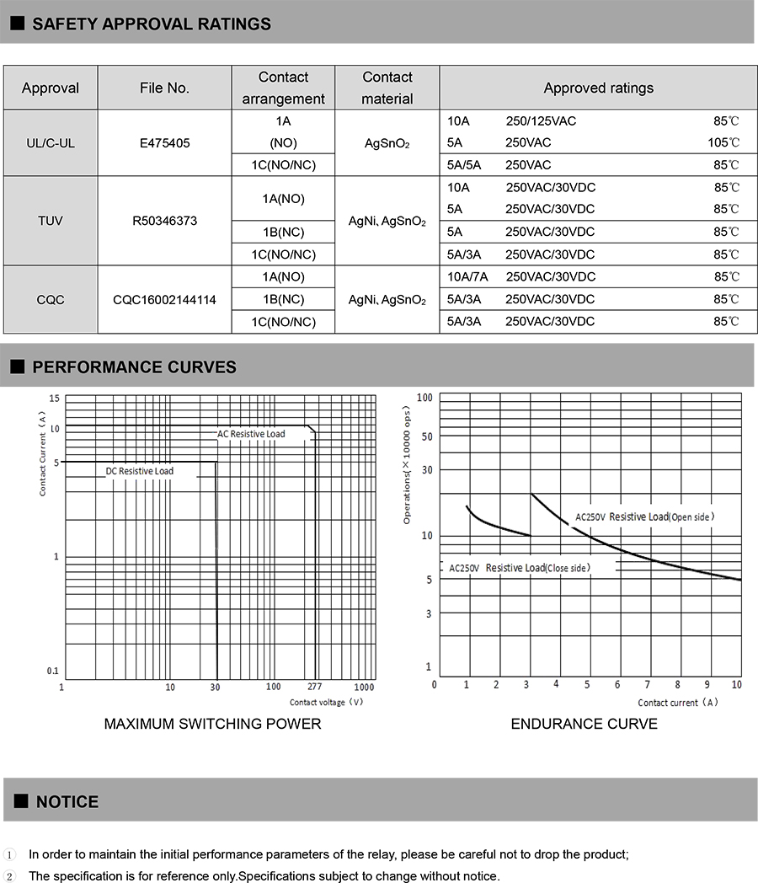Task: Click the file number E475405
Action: point(165,143)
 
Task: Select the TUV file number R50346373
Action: point(165,221)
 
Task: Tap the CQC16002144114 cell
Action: point(165,299)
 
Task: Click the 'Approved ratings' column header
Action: point(598,88)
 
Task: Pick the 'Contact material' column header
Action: point(387,88)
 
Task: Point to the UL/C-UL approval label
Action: point(51,143)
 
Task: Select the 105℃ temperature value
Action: point(723,143)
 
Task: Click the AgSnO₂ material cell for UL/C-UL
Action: point(387,143)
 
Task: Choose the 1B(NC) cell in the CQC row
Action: point(283,299)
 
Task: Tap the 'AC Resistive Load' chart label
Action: point(251,434)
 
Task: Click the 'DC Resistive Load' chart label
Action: point(140,471)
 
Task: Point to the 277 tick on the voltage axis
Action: point(314,688)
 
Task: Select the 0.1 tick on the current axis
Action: point(53,671)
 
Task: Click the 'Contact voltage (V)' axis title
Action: point(326,702)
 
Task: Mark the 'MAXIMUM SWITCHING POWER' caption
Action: point(212,724)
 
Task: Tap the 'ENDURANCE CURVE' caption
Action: point(584,724)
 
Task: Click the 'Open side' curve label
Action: point(692,516)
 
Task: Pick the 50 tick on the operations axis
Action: point(426,436)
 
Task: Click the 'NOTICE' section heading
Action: point(67,802)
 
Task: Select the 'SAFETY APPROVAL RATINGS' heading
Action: point(152,24)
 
